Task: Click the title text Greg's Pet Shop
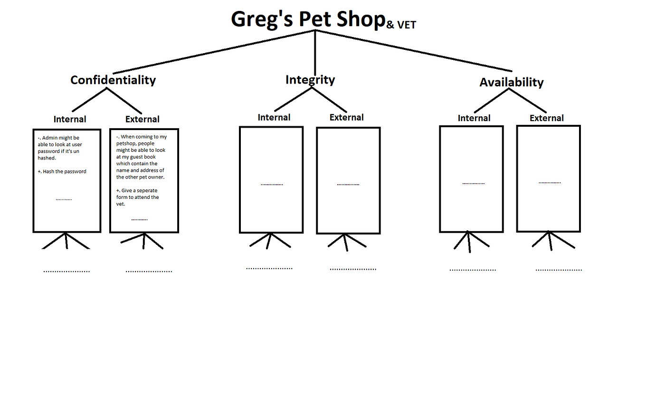tap(308, 19)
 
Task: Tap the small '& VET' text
tap(401, 25)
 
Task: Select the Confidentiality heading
tap(113, 80)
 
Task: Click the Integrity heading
tap(310, 80)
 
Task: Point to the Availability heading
tap(511, 82)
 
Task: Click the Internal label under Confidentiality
tap(70, 119)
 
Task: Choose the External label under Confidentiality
tap(142, 119)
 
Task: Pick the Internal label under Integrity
tap(274, 117)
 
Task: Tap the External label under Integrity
tap(347, 117)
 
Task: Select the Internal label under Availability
tap(474, 118)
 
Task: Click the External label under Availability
tap(547, 118)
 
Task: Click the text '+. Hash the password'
tap(62, 171)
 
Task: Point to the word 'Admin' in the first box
tap(50, 138)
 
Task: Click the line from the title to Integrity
tap(315, 52)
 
